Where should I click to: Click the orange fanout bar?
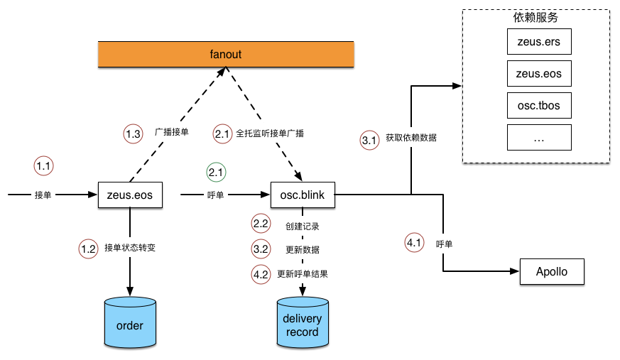point(226,54)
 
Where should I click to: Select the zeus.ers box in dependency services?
point(539,42)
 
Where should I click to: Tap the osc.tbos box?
point(539,106)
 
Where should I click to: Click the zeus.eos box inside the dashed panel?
point(539,74)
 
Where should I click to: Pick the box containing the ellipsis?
point(539,138)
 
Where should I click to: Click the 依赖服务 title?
point(535,18)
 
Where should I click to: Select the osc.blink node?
point(303,195)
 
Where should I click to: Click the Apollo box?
point(552,272)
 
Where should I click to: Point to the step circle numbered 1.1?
point(43,167)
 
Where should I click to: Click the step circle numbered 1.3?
point(133,133)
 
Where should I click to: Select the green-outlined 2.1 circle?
point(217,172)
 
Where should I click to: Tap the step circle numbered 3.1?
point(369,141)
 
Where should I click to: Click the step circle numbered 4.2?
point(261,274)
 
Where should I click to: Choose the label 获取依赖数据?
point(411,137)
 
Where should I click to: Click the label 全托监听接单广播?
point(270,133)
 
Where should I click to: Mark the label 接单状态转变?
point(129,248)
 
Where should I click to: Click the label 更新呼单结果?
point(302,274)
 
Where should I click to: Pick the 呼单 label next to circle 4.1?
point(444,244)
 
